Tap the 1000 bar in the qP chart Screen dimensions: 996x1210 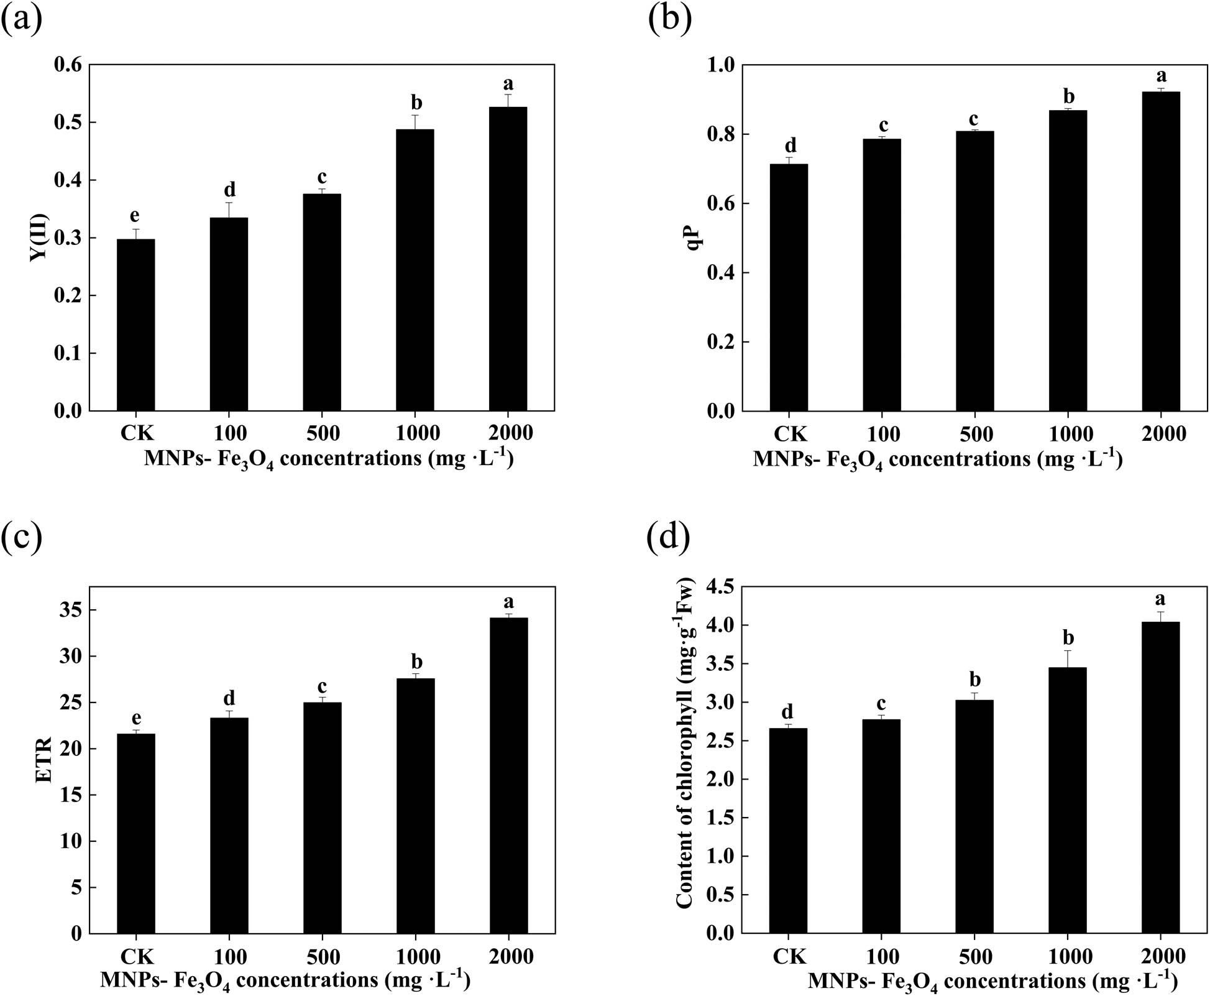coord(1068,261)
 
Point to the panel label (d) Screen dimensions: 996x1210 coord(669,538)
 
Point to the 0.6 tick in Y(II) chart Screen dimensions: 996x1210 coord(68,65)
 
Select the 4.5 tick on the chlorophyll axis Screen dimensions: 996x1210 coord(720,587)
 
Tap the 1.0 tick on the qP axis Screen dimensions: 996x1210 coord(721,65)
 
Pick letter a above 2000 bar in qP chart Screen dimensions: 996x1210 coord(1161,76)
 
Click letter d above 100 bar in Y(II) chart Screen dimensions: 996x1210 coord(229,190)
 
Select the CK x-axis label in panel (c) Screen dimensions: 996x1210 coord(136,956)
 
